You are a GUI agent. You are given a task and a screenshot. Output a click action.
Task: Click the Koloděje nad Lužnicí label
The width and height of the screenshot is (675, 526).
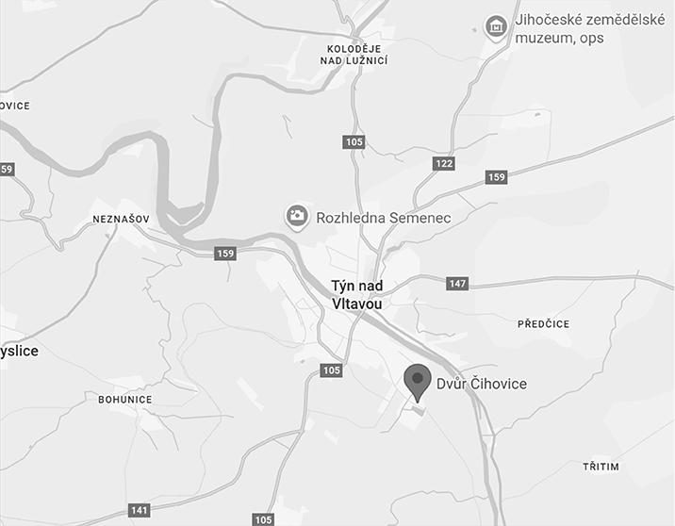pyautogui.click(x=357, y=54)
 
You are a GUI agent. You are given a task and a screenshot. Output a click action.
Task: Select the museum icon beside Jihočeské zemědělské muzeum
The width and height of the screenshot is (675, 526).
pyautogui.click(x=495, y=27)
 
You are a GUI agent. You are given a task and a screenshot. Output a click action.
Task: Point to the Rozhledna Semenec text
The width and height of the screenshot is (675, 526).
pyautogui.click(x=384, y=218)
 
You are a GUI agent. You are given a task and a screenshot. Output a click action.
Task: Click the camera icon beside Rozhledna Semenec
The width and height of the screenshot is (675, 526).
pyautogui.click(x=297, y=217)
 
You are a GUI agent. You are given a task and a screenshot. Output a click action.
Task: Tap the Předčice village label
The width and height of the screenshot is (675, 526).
pyautogui.click(x=544, y=324)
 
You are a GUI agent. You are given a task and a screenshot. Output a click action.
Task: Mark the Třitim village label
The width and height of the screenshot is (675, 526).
pyautogui.click(x=601, y=467)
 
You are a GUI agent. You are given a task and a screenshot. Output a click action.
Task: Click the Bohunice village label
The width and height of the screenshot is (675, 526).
pyautogui.click(x=125, y=399)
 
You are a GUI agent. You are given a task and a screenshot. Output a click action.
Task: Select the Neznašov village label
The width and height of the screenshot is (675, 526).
pyautogui.click(x=117, y=220)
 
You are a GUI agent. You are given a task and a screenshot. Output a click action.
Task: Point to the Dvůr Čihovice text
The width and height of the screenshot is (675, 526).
pyautogui.click(x=481, y=384)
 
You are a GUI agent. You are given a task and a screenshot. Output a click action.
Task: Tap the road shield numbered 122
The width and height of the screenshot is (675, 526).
pyautogui.click(x=444, y=164)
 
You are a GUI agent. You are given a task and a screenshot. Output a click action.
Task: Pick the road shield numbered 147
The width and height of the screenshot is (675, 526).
pyautogui.click(x=457, y=284)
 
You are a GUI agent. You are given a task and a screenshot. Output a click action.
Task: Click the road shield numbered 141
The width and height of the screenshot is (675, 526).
pyautogui.click(x=140, y=510)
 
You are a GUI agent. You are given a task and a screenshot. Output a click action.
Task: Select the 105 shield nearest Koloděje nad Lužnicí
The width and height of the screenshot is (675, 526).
pyautogui.click(x=354, y=141)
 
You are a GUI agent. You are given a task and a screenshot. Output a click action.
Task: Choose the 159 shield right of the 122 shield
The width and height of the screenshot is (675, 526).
pyautogui.click(x=497, y=177)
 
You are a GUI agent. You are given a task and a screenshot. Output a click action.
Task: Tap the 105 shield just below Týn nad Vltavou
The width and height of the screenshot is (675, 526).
pyautogui.click(x=331, y=370)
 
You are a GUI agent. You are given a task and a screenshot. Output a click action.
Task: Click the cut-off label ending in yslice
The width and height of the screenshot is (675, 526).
pyautogui.click(x=19, y=351)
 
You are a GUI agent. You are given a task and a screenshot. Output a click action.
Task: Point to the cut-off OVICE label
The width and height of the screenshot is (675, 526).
pyautogui.click(x=15, y=106)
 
